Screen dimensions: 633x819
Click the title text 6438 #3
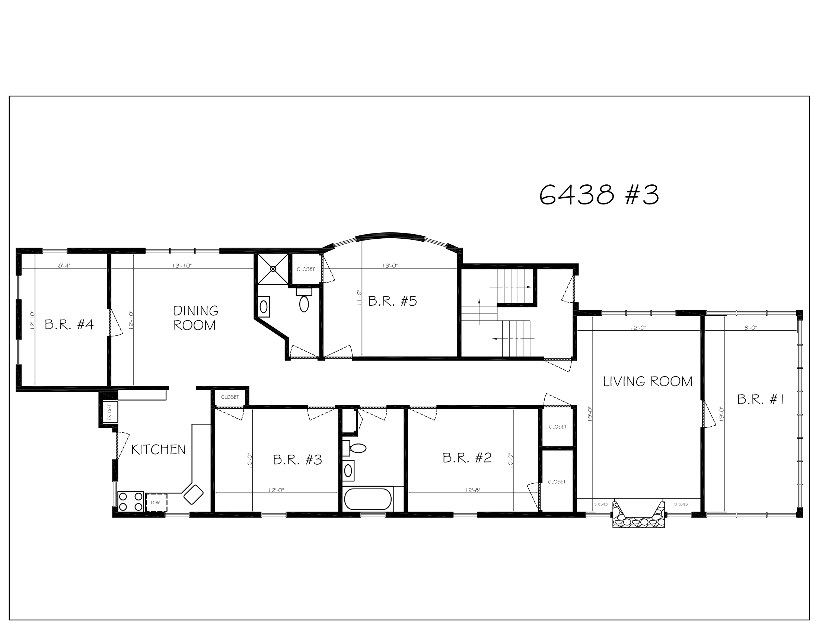(599, 195)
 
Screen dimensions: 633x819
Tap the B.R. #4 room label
(69, 325)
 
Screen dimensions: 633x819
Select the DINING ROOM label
(195, 318)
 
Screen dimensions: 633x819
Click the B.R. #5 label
(392, 302)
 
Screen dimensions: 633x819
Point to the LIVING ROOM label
(648, 382)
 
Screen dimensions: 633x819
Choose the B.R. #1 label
(761, 400)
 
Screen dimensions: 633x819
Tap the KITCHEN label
(158, 450)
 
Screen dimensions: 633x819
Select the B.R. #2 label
(467, 458)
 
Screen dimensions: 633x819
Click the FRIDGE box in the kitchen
(110, 412)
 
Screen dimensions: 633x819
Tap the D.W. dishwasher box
(156, 503)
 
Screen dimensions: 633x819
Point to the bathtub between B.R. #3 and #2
(367, 499)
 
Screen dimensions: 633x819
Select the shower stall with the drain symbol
(273, 269)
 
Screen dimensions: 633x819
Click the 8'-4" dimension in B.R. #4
(64, 266)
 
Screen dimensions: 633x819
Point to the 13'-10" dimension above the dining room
(182, 266)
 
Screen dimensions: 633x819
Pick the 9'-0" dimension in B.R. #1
(751, 328)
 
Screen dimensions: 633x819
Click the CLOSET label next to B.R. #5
(306, 269)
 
